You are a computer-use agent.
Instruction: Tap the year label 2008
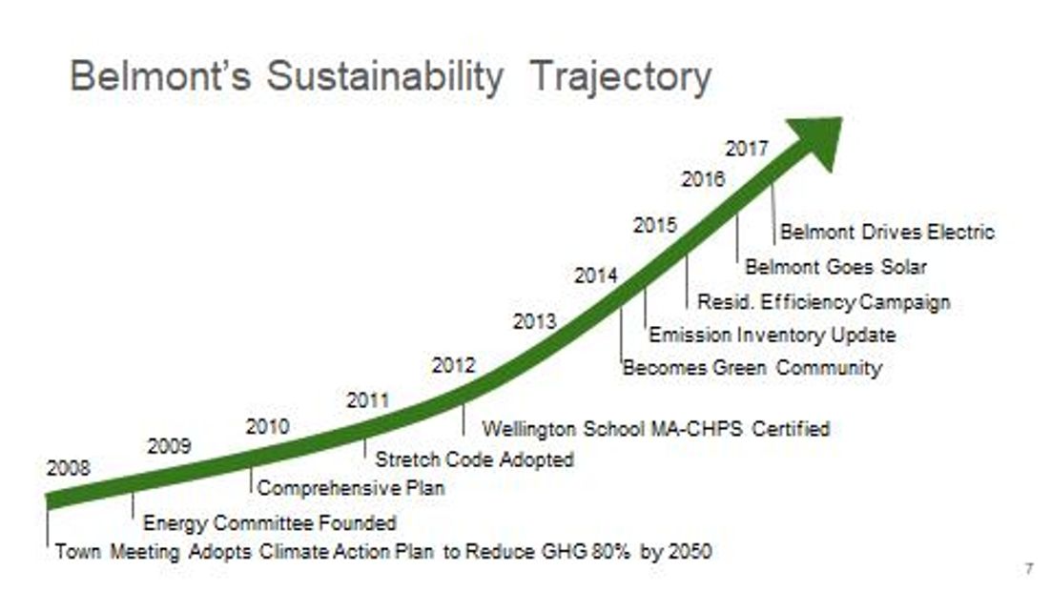click(x=69, y=468)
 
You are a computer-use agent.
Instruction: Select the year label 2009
click(x=169, y=446)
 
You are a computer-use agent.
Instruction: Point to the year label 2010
click(x=267, y=427)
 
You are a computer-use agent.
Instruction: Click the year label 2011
click(x=367, y=400)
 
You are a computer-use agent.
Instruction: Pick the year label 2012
click(x=453, y=365)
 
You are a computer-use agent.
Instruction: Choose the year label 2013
click(x=534, y=322)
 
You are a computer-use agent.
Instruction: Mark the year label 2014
click(x=596, y=275)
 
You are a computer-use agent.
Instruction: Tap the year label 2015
click(x=655, y=226)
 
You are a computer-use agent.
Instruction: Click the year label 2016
click(x=703, y=179)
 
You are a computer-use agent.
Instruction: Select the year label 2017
click(x=747, y=149)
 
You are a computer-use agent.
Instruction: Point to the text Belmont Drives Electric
click(x=887, y=232)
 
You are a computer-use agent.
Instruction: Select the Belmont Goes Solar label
click(x=835, y=267)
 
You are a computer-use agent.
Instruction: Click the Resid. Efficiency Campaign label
click(x=824, y=302)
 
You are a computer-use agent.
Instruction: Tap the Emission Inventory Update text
click(x=773, y=336)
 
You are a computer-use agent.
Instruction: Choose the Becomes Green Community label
click(x=752, y=368)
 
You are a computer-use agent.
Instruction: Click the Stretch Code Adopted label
click(x=474, y=459)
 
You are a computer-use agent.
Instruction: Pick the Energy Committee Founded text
click(x=269, y=522)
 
